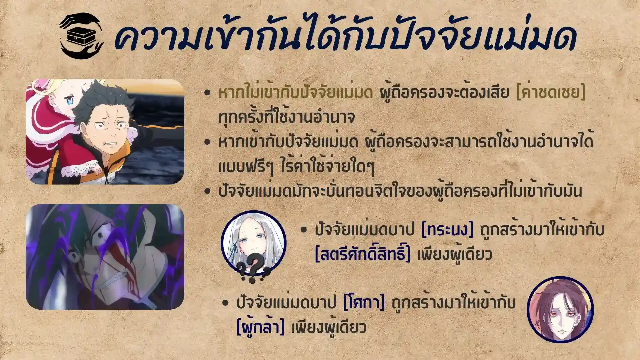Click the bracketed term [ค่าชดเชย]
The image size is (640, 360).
[550, 93]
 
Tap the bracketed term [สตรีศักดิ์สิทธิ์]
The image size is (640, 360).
[363, 254]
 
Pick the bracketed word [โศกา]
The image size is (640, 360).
[364, 303]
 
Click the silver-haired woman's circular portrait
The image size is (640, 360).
[253, 243]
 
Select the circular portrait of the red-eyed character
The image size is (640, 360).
[560, 310]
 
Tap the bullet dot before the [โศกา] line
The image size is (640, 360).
[226, 303]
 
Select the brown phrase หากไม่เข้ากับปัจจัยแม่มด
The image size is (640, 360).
[295, 93]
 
